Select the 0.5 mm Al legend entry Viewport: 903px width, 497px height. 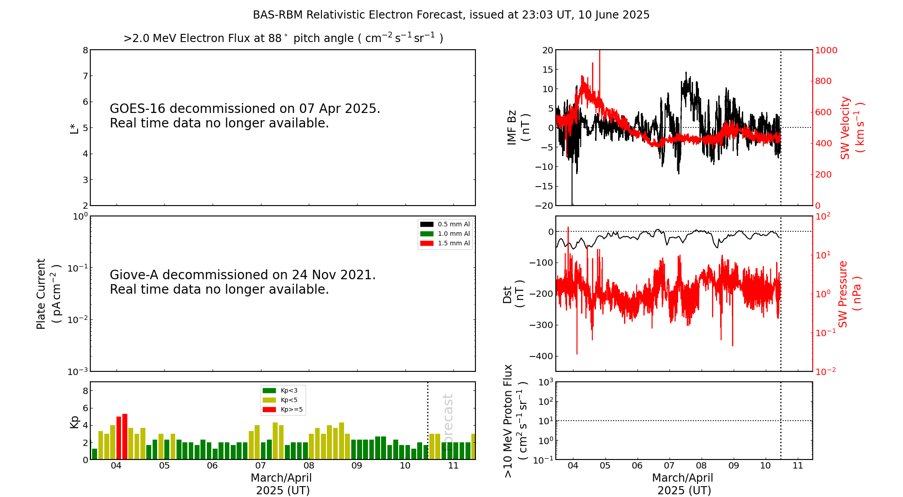tap(445, 224)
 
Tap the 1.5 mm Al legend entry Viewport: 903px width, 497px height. tap(445, 243)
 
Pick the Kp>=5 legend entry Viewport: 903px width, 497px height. tap(283, 410)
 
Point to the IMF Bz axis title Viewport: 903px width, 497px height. tap(518, 127)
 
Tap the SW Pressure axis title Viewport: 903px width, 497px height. tap(849, 294)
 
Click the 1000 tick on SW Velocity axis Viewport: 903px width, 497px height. tap(826, 50)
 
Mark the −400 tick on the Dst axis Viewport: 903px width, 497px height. tap(541, 356)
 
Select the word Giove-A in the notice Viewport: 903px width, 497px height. tap(134, 275)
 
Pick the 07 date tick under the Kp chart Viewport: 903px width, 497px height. tap(261, 466)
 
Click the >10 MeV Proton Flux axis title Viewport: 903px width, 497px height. tap(515, 421)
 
